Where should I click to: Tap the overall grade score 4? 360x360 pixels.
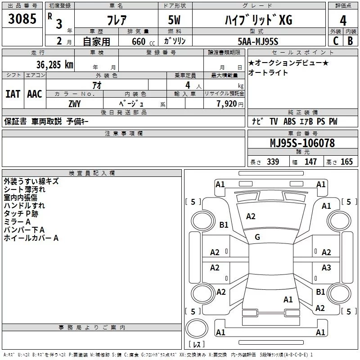pyautogui.click(x=343, y=20)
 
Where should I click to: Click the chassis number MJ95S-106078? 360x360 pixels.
pyautogui.click(x=302, y=143)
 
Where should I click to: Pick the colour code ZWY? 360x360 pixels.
pyautogui.click(x=74, y=103)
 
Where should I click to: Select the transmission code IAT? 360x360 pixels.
pyautogui.click(x=13, y=94)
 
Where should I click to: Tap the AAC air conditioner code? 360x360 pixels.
pyautogui.click(x=35, y=94)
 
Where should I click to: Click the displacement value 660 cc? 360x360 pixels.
pyautogui.click(x=138, y=41)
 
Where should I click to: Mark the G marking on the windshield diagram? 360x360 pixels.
pyautogui.click(x=257, y=237)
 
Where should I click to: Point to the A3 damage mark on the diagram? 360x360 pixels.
pyautogui.click(x=326, y=268)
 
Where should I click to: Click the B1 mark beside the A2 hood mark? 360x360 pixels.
pyautogui.click(x=224, y=225)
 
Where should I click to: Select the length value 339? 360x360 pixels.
pyautogui.click(x=272, y=162)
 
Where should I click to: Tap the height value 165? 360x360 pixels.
pyautogui.click(x=346, y=162)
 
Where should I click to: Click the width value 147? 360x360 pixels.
pyautogui.click(x=310, y=162)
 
